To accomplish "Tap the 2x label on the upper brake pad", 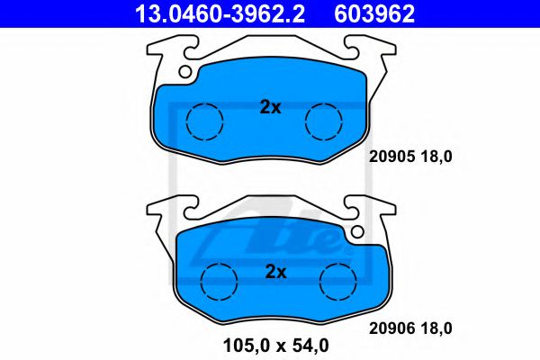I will point(270,107).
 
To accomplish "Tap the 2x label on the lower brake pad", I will point(274,271).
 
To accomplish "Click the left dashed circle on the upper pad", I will point(204,120).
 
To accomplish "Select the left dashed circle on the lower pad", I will point(217,281).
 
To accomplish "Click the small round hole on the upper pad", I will point(186,71).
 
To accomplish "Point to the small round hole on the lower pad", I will point(357,232).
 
